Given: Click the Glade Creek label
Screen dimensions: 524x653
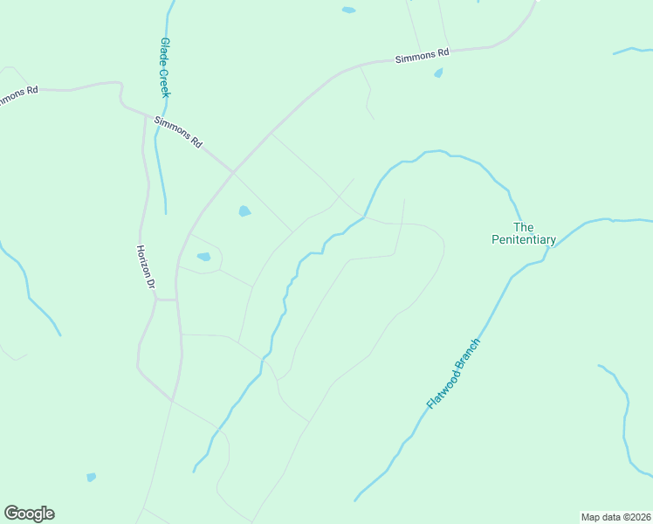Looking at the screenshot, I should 164,66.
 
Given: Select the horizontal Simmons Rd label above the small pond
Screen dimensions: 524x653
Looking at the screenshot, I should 422,56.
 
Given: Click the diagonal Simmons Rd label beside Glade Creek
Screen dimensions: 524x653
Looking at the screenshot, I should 178,131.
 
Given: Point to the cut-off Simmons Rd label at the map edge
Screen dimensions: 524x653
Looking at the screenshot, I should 17,94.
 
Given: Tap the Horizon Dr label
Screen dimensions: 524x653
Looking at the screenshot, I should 146,266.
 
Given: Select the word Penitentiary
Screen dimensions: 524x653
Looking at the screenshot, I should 524,239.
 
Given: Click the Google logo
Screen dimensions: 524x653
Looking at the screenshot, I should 29,514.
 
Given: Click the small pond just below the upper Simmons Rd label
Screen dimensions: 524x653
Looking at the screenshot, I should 438,73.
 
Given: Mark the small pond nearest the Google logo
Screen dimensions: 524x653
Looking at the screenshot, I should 92,477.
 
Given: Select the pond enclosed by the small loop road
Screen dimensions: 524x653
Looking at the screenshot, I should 203,257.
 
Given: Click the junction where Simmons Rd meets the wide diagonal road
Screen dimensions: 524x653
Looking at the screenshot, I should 233,172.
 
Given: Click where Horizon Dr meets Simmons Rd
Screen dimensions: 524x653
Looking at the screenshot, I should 144,114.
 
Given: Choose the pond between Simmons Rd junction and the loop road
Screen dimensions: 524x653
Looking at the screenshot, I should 244,210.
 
